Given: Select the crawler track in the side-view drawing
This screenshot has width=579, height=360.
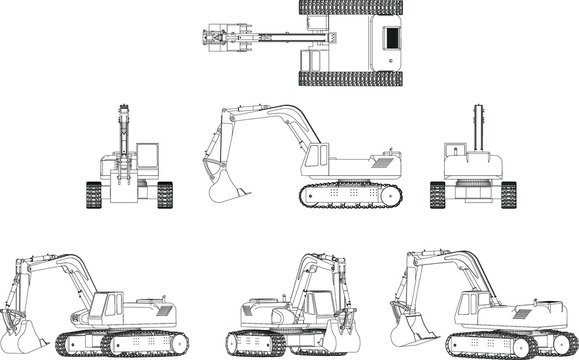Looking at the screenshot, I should point(350,195).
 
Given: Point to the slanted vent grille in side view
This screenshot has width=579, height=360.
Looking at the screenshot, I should point(384,159).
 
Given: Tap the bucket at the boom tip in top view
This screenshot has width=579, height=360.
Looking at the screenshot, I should point(213,39).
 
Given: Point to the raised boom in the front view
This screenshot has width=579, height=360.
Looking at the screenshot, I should point(123,130).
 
